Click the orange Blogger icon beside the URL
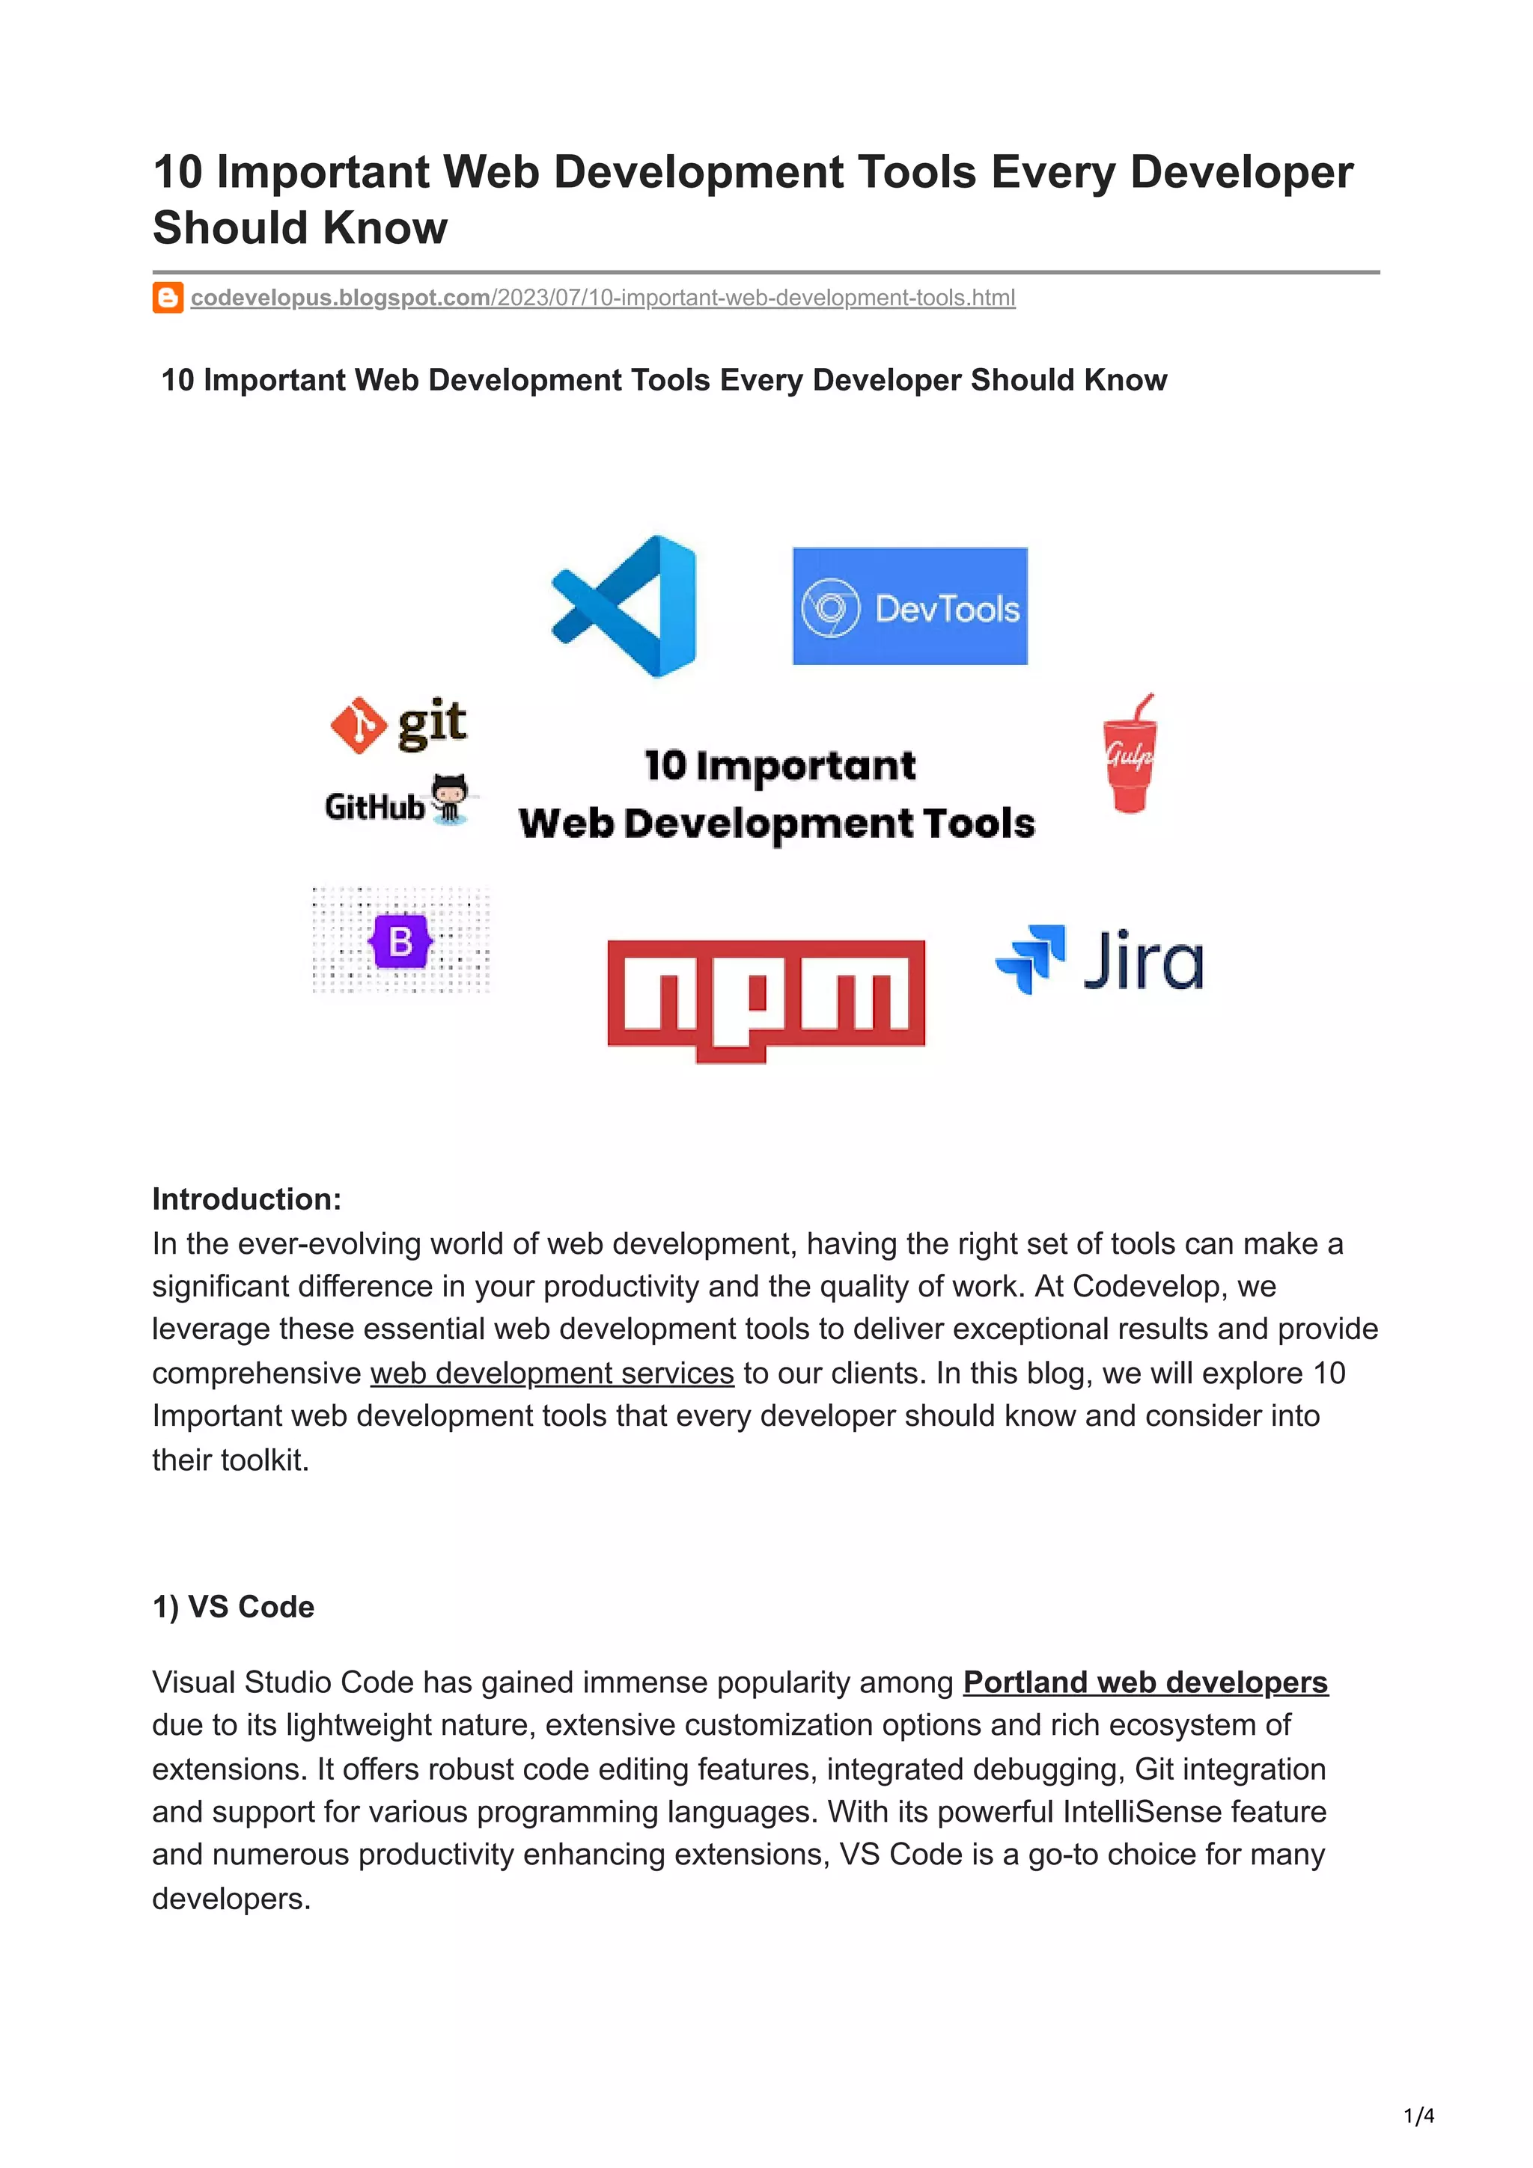point(167,298)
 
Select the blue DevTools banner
point(909,606)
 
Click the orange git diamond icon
point(358,725)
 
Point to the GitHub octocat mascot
point(450,798)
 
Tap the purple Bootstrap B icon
point(400,940)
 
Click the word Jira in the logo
point(1143,961)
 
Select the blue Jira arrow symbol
point(1031,958)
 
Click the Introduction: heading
point(246,1199)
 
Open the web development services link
point(552,1373)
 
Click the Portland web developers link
point(1145,1682)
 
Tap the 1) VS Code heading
point(234,1607)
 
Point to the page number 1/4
point(1418,2116)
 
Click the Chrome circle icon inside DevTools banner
point(830,607)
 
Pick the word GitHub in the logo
point(374,807)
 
